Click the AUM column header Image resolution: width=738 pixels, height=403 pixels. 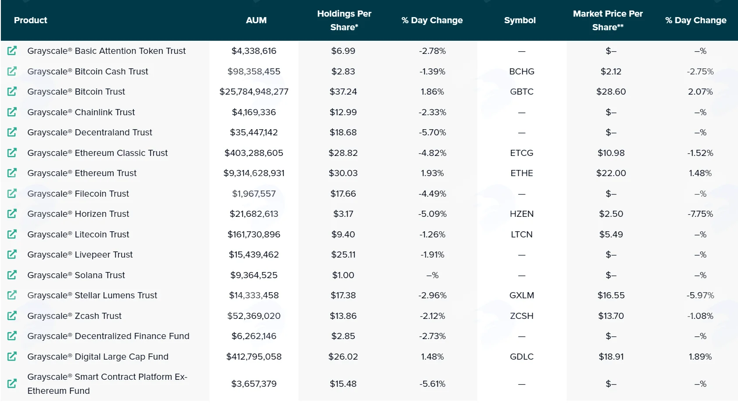point(256,20)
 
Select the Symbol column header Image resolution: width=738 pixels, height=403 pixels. point(520,20)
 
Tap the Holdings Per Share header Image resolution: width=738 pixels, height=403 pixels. point(344,20)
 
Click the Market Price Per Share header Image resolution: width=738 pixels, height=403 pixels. point(607,20)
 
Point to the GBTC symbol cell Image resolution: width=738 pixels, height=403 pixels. point(522,92)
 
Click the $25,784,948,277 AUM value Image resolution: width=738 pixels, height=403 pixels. point(254,92)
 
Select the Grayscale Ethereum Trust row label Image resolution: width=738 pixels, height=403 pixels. point(82,173)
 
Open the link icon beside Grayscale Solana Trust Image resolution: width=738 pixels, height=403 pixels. point(12,275)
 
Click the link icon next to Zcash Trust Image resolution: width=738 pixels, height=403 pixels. point(12,316)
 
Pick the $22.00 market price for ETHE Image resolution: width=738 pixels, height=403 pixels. point(611,173)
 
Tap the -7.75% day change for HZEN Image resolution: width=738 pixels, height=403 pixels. point(700,214)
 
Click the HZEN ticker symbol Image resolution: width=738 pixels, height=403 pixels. point(522,214)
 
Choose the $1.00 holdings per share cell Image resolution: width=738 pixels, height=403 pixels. point(343,275)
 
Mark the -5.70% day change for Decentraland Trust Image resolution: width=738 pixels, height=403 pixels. point(432,132)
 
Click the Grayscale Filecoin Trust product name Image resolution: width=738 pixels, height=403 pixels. point(78,194)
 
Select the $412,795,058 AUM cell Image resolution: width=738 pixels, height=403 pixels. point(254,357)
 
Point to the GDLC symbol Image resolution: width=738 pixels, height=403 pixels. point(522,357)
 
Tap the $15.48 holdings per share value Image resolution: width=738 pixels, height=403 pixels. point(343,384)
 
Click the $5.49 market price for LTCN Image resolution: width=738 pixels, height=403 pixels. point(611,234)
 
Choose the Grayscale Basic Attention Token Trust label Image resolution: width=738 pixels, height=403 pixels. point(106,51)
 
